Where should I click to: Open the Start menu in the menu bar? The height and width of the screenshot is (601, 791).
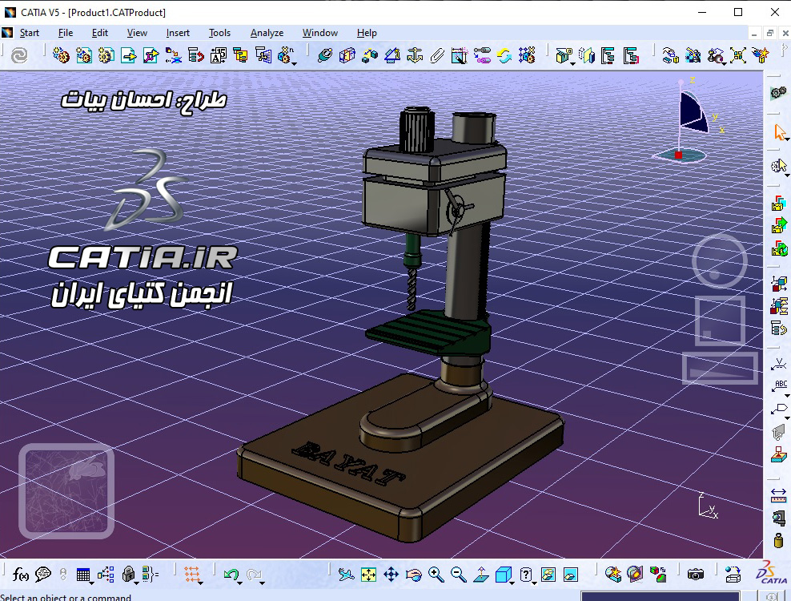pyautogui.click(x=30, y=33)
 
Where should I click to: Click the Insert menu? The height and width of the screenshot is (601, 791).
pyautogui.click(x=178, y=33)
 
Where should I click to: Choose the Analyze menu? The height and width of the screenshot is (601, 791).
pyautogui.click(x=267, y=33)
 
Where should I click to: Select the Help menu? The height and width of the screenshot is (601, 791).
pyautogui.click(x=367, y=33)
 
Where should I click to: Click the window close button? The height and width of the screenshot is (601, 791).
pyautogui.click(x=774, y=12)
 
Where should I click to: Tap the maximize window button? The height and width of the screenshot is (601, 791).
pyautogui.click(x=738, y=12)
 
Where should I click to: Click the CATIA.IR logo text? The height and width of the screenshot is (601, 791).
pyautogui.click(x=143, y=258)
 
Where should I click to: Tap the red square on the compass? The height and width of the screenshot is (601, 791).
pyautogui.click(x=678, y=155)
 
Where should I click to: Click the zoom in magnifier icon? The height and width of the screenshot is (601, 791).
pyautogui.click(x=436, y=575)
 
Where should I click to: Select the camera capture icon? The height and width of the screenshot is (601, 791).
pyautogui.click(x=696, y=575)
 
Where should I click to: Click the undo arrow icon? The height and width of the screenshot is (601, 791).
pyautogui.click(x=231, y=575)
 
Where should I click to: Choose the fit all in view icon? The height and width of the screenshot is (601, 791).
pyautogui.click(x=368, y=575)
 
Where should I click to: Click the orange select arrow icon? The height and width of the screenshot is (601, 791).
pyautogui.click(x=779, y=132)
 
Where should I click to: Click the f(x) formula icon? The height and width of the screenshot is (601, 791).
pyautogui.click(x=21, y=575)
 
